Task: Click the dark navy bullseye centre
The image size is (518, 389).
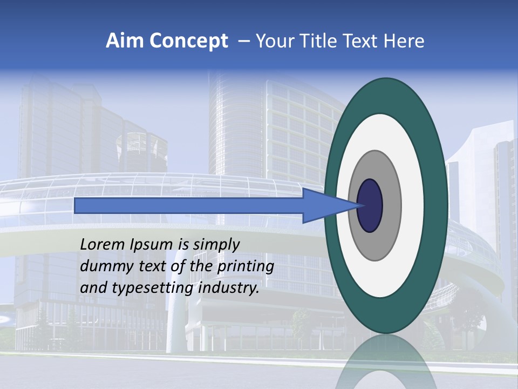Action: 370,205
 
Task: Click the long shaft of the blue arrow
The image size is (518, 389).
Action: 189,205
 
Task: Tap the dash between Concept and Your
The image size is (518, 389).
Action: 243,42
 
